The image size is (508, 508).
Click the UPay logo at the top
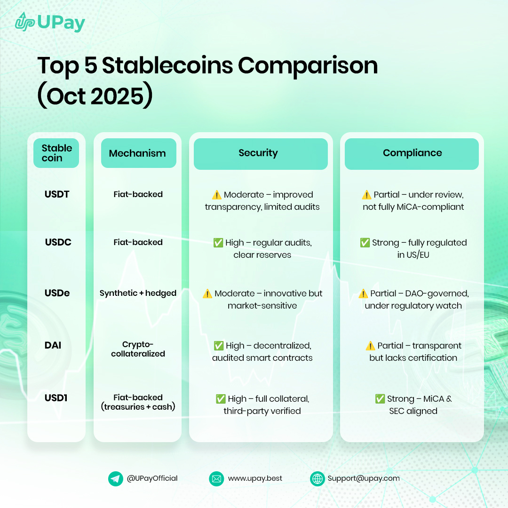49,22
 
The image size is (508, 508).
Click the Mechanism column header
137,153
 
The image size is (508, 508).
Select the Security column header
258,153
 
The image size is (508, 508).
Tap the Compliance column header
412,153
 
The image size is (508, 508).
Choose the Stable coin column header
56,153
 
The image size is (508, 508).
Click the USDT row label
57,194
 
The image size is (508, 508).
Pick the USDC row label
58,242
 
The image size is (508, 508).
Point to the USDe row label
57,293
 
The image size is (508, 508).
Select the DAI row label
53,346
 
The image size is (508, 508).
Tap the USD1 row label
56,398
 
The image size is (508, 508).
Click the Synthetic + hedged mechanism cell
138,293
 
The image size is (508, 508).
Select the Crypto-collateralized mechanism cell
138,349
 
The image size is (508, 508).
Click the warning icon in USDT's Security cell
216,195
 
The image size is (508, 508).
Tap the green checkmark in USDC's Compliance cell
365,243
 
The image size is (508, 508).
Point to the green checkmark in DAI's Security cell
219,346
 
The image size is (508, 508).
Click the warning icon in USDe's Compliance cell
363,294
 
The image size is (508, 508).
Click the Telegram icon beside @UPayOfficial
115,479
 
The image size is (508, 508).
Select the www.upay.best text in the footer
255,478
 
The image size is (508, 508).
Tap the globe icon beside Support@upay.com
317,479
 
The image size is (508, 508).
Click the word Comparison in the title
308,65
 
